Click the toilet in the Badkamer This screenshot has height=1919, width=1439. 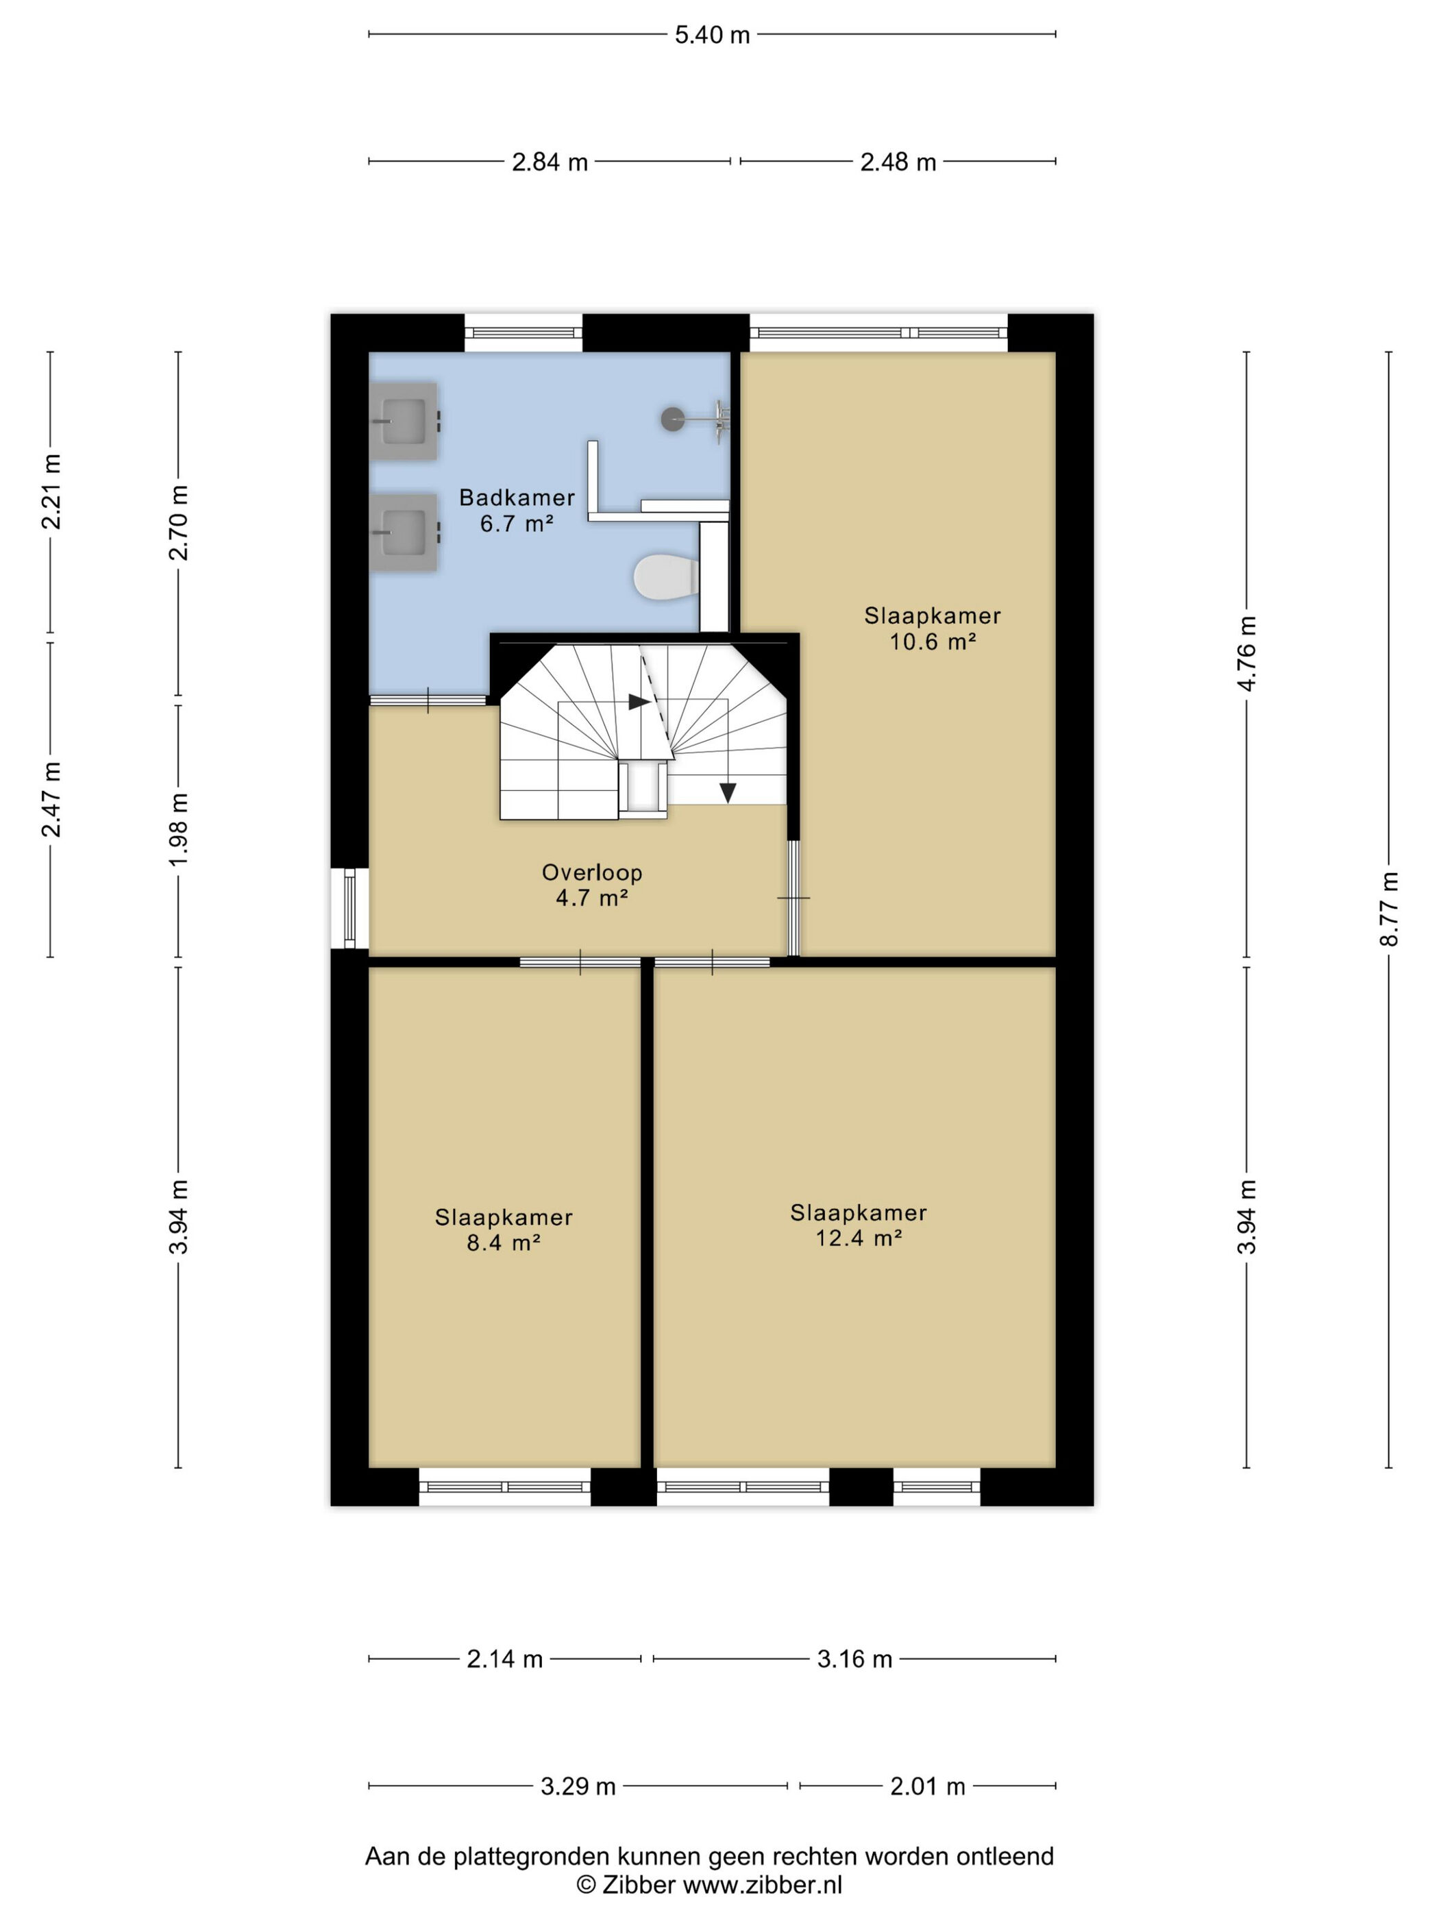coord(665,577)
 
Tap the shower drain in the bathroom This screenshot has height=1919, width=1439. coord(672,419)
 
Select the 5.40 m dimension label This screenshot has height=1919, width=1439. coord(712,36)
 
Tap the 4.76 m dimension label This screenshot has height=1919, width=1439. coord(1246,653)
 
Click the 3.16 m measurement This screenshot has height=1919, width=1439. coord(854,1659)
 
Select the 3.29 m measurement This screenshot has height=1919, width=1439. coord(578,1786)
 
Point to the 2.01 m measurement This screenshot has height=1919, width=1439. coord(927,1786)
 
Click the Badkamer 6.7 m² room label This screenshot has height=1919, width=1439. coord(517,510)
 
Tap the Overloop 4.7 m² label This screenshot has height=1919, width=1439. coord(591,885)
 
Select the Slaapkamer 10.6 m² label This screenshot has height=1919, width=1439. coord(933,628)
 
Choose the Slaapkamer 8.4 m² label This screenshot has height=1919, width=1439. coord(504,1230)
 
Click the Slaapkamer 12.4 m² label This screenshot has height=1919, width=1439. coord(859,1225)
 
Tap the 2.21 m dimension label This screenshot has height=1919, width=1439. coord(52,492)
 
